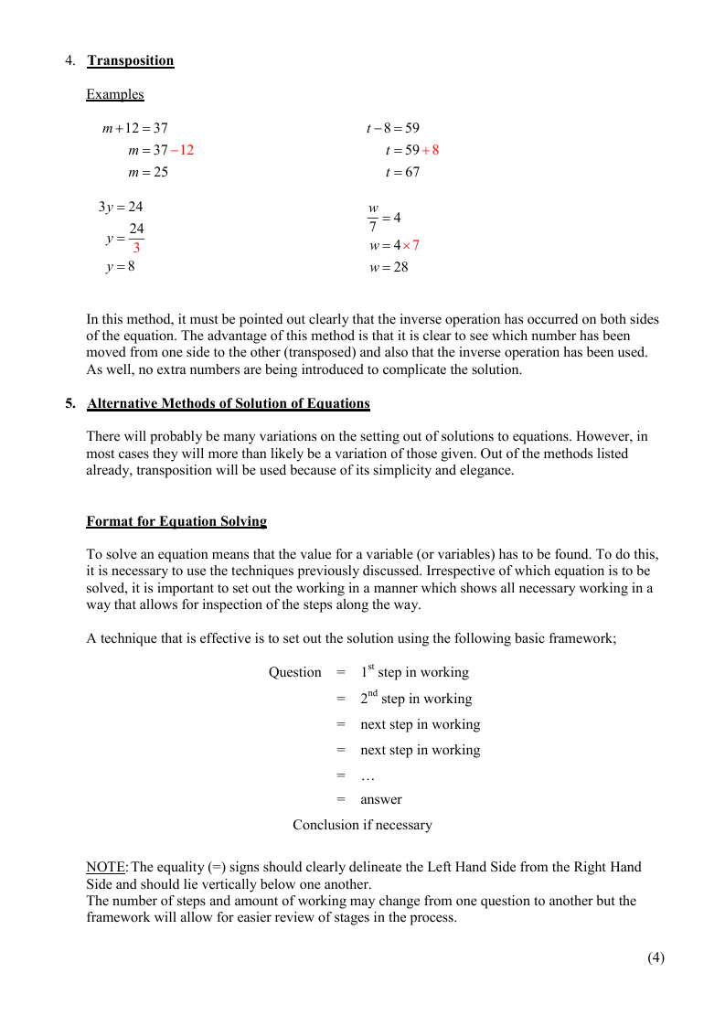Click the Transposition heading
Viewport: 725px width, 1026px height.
click(x=131, y=60)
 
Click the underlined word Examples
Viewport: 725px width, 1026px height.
click(x=115, y=94)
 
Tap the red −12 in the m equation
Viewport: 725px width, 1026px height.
click(x=183, y=150)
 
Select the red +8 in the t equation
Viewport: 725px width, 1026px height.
click(x=430, y=150)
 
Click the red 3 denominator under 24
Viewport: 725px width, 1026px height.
click(x=136, y=248)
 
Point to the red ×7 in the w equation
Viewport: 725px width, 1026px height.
click(x=411, y=245)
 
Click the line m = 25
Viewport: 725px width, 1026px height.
click(x=148, y=172)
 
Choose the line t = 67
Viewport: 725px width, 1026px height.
click(x=402, y=172)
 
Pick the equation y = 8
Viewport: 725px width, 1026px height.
click(x=121, y=267)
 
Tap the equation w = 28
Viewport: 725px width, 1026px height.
click(x=389, y=267)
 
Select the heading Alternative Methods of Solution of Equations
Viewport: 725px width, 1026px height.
click(x=229, y=403)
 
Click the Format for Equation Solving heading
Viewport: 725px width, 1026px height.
click(x=176, y=521)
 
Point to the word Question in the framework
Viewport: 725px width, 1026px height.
click(x=294, y=672)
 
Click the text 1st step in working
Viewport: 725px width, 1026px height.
click(x=414, y=672)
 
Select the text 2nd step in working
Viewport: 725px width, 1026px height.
click(x=416, y=699)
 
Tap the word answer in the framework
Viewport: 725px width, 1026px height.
click(x=381, y=799)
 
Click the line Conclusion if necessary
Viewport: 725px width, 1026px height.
click(x=362, y=825)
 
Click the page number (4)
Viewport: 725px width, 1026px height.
click(x=656, y=957)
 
